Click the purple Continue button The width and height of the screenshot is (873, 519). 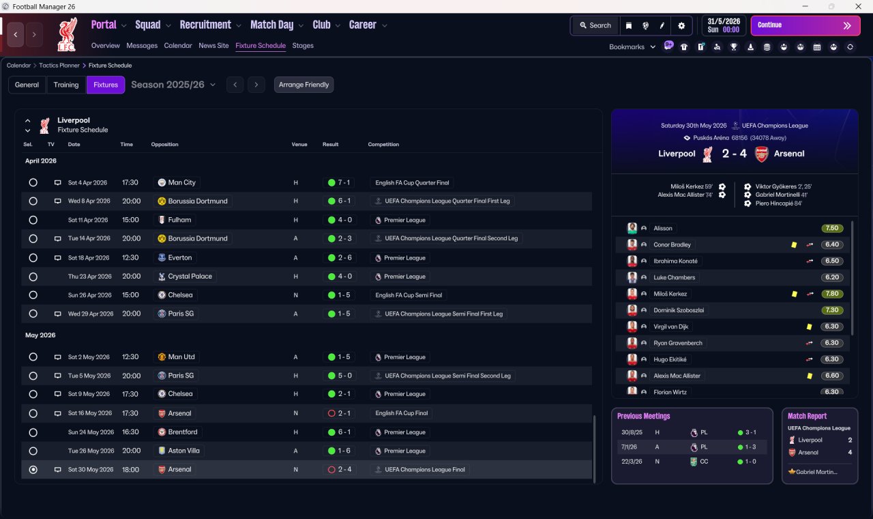click(x=805, y=25)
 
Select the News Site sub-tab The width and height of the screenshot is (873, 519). click(x=213, y=46)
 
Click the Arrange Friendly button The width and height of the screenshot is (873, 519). click(x=304, y=85)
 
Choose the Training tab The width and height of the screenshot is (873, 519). click(x=66, y=85)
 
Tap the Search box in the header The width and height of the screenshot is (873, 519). click(x=595, y=25)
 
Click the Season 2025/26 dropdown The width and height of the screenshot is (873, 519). click(x=173, y=85)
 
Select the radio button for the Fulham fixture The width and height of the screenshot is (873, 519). click(x=33, y=220)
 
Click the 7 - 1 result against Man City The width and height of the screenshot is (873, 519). click(x=338, y=182)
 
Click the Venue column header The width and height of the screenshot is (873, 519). click(x=299, y=144)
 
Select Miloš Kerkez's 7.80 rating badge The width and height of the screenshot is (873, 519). click(x=832, y=294)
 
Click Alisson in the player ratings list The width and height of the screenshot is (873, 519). click(x=663, y=228)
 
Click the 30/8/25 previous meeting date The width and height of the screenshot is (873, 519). click(x=631, y=432)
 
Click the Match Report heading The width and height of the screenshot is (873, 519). click(x=807, y=416)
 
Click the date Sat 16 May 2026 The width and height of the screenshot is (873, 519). click(x=89, y=413)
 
